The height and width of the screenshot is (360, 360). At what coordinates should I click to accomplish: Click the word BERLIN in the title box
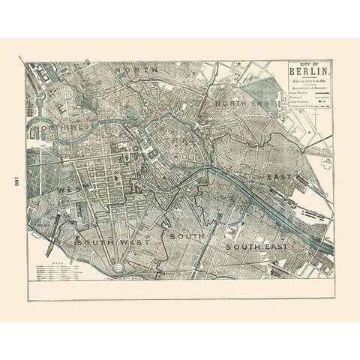(x=308, y=74)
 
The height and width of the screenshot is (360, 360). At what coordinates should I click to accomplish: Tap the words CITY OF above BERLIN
(x=308, y=65)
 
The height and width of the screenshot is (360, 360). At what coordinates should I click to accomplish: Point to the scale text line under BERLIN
(x=308, y=82)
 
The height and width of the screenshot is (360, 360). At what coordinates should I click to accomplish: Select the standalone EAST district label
(x=277, y=177)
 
